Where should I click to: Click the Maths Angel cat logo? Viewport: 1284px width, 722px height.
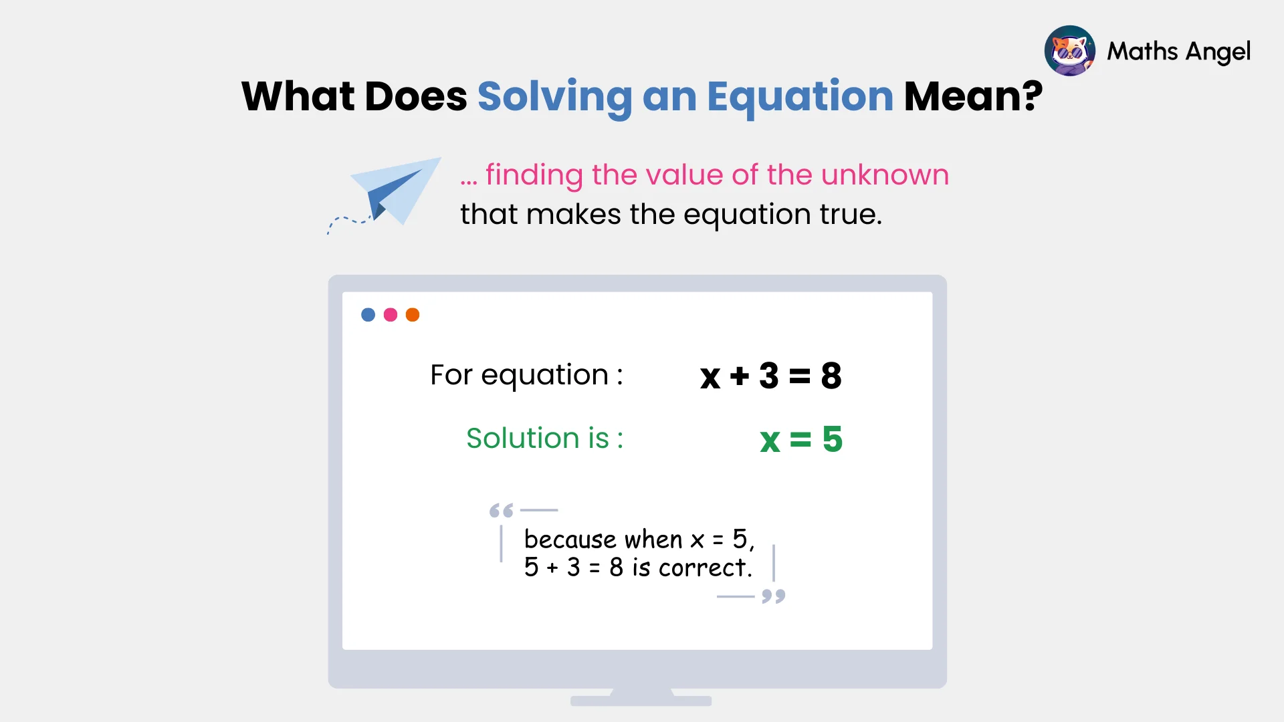pyautogui.click(x=1069, y=51)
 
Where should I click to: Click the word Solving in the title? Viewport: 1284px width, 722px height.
pyautogui.click(x=554, y=97)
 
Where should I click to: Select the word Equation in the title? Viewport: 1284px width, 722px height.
pyautogui.click(x=800, y=97)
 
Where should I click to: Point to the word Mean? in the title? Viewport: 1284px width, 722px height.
pyautogui.click(x=972, y=97)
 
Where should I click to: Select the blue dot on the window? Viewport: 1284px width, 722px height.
pyautogui.click(x=368, y=315)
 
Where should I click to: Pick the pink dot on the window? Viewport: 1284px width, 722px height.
pyautogui.click(x=391, y=315)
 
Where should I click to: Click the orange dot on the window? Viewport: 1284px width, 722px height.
pyautogui.click(x=413, y=315)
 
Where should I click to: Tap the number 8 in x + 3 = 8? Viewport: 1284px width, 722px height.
pyautogui.click(x=831, y=376)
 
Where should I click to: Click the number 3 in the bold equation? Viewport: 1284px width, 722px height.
pyautogui.click(x=769, y=376)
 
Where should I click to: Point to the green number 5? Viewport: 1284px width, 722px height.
pyautogui.click(x=833, y=439)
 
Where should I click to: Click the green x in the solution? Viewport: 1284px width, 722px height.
pyautogui.click(x=770, y=441)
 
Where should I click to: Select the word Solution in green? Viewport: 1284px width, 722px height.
pyautogui.click(x=523, y=439)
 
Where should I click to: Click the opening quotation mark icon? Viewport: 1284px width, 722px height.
pyautogui.click(x=501, y=511)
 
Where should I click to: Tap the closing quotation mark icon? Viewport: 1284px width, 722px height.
pyautogui.click(x=774, y=596)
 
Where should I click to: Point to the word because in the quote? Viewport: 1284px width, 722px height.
pyautogui.click(x=570, y=539)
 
